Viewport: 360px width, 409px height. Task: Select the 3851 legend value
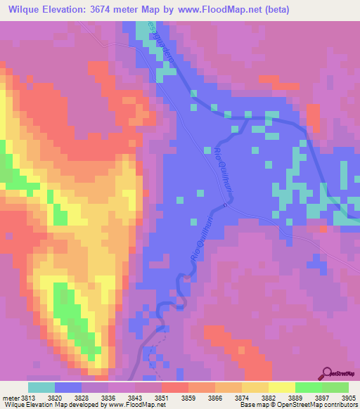coord(162,397)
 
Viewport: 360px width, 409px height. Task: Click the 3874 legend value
coord(242,397)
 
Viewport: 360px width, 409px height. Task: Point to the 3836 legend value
coord(108,397)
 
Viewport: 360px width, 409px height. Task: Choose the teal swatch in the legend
coord(41,387)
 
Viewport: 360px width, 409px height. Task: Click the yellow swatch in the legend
coord(281,387)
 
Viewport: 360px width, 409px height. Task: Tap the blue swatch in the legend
coord(68,387)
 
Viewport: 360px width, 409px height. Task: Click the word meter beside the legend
coord(10,397)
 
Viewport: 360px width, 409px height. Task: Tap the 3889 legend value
coord(295,397)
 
